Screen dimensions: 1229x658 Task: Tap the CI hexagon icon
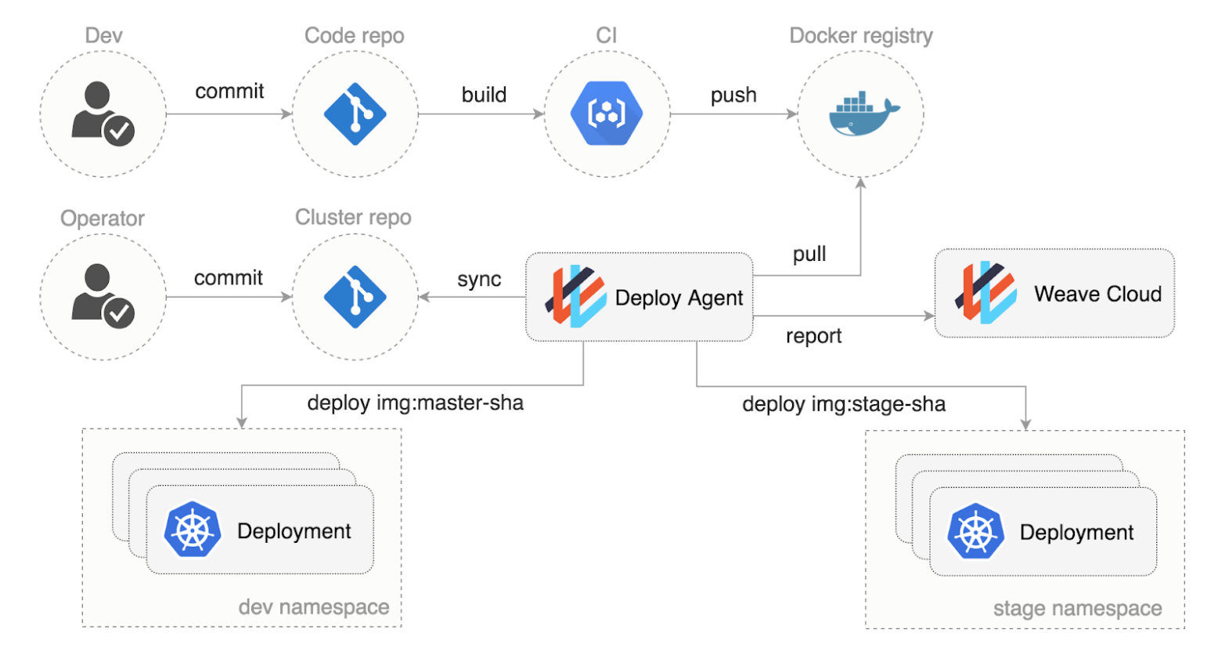[x=607, y=113]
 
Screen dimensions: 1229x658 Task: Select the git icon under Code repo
[x=355, y=114]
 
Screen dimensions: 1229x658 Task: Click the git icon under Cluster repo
[x=355, y=297]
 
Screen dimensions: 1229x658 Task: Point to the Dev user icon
[x=103, y=114]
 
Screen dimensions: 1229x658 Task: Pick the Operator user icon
[x=103, y=296]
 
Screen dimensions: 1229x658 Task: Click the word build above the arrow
[x=484, y=95]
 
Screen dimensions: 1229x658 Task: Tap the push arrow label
[x=733, y=96]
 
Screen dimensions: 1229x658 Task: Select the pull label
[x=809, y=255]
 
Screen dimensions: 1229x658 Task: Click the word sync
[x=479, y=280]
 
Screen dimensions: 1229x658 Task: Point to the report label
[x=813, y=336]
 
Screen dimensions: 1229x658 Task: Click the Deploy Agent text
[x=679, y=298]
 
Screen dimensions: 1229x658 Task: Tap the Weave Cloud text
[x=1097, y=295]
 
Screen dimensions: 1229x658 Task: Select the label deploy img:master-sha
[x=416, y=403]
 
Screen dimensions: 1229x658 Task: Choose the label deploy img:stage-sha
[x=844, y=404]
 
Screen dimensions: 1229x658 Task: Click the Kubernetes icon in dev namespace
[x=193, y=530]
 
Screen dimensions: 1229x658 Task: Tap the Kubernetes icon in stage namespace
[x=975, y=531]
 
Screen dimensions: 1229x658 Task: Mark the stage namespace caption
[x=1078, y=609]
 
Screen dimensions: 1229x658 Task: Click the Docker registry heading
[x=861, y=36]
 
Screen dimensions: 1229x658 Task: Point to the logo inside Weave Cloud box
[x=986, y=292]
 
